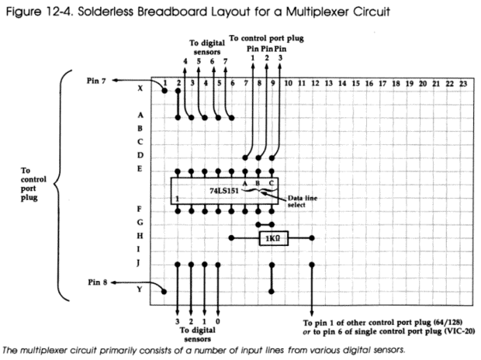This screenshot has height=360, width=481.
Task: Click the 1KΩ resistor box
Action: pyautogui.click(x=274, y=238)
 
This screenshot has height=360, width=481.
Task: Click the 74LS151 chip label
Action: pyautogui.click(x=224, y=191)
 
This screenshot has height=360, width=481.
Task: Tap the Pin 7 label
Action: pyautogui.click(x=96, y=81)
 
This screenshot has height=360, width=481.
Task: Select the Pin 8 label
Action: pyautogui.click(x=97, y=282)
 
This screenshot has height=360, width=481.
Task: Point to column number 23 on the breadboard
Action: pyautogui.click(x=463, y=84)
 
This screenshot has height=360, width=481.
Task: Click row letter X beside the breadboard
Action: pyautogui.click(x=140, y=88)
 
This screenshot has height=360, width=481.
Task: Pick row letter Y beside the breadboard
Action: pyautogui.click(x=140, y=289)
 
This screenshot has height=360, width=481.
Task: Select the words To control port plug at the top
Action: pyautogui.click(x=266, y=38)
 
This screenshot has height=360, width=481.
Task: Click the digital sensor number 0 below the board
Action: pyautogui.click(x=218, y=322)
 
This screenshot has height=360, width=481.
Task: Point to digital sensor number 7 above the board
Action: pyautogui.click(x=226, y=61)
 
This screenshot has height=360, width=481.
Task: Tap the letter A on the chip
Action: pyautogui.click(x=245, y=184)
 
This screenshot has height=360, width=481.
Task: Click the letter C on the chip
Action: pyautogui.click(x=272, y=184)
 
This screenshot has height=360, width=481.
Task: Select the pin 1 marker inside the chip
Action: pyautogui.click(x=178, y=199)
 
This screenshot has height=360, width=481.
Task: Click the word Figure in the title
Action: pyautogui.click(x=23, y=12)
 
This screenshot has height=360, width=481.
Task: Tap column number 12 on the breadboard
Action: pyautogui.click(x=315, y=84)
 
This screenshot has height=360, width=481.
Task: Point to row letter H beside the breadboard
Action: pyautogui.click(x=140, y=236)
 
